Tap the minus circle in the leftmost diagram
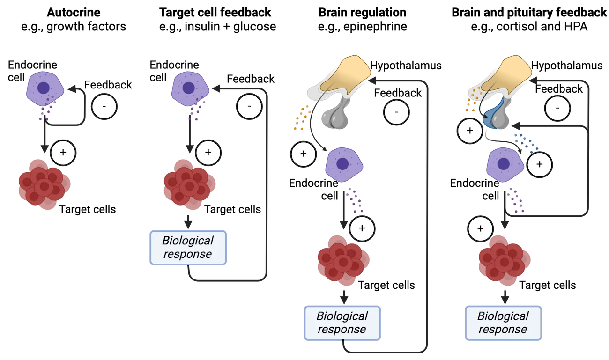(104, 107)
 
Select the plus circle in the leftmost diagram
(63, 152)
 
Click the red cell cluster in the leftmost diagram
(45, 184)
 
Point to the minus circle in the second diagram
(249, 107)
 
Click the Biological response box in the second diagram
(188, 247)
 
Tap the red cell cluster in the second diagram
(189, 184)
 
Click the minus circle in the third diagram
(396, 112)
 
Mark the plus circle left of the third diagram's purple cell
(304, 154)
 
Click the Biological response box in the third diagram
(342, 323)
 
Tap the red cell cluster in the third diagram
(343, 260)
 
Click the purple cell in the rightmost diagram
(504, 164)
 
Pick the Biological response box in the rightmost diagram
(503, 323)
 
